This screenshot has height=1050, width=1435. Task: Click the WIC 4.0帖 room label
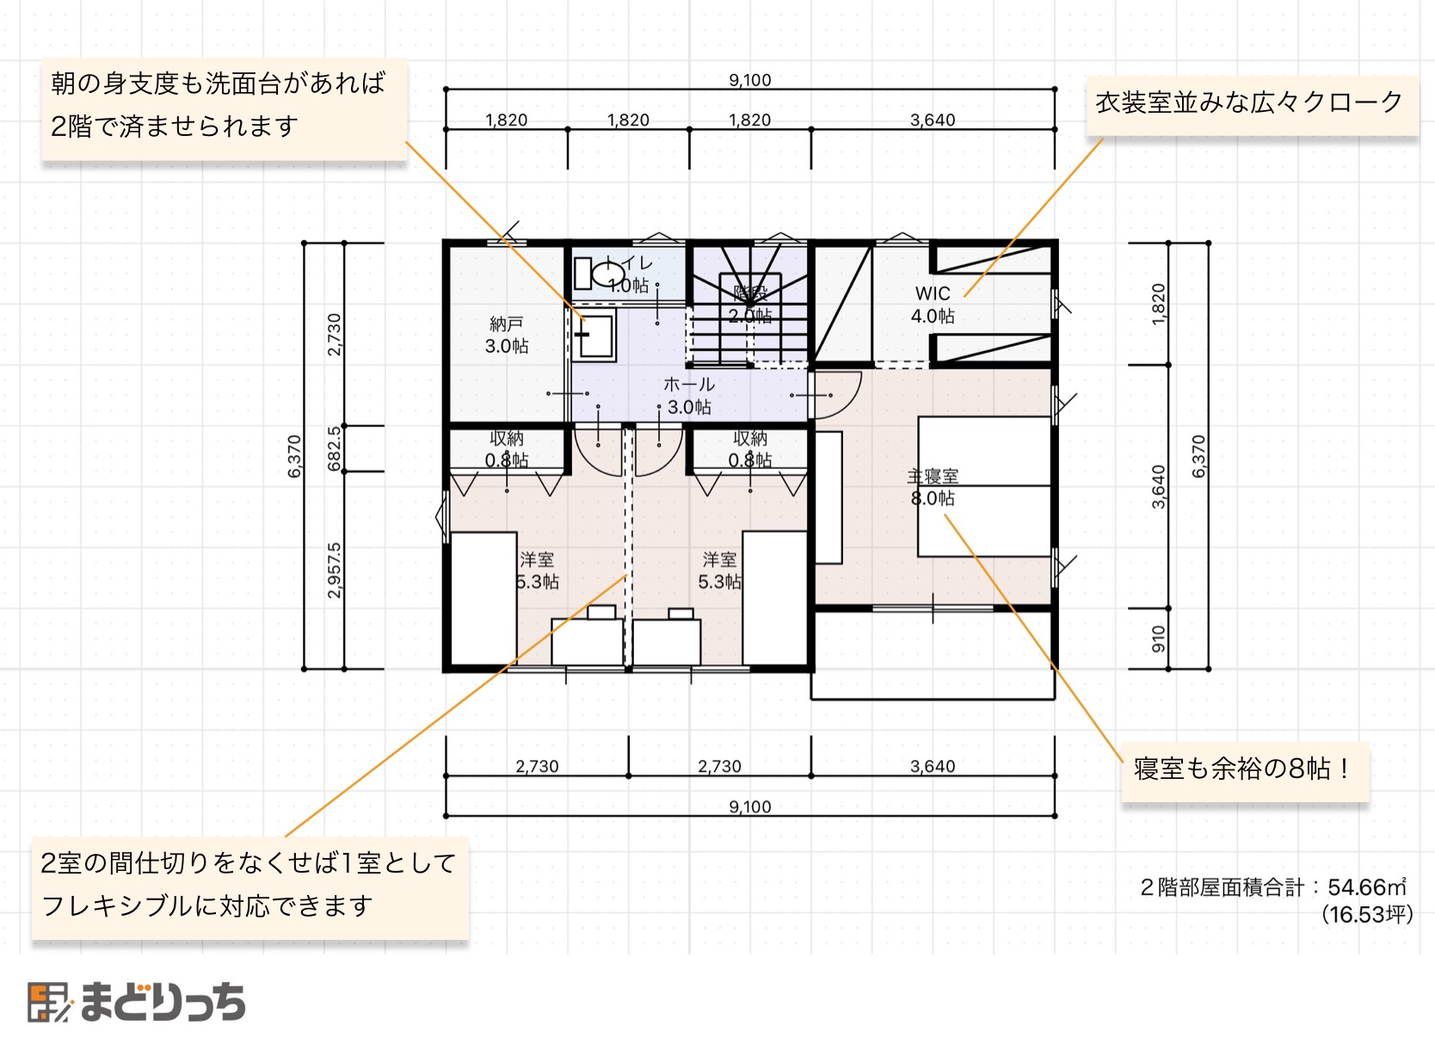point(933,305)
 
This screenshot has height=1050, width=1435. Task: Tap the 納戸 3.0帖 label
point(507,335)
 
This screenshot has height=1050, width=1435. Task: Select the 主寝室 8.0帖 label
point(933,487)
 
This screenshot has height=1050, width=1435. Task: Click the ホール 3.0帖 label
point(689,396)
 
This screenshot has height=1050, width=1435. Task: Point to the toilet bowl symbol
point(607,275)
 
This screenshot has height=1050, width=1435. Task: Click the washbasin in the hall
point(595,336)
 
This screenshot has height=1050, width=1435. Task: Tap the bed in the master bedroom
point(984,486)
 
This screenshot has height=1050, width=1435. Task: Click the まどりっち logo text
point(163,1003)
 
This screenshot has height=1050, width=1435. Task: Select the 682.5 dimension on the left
point(335,448)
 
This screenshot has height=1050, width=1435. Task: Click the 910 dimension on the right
point(1159,639)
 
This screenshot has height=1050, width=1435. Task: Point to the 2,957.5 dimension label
point(335,570)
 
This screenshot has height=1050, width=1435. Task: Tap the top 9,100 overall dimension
point(750,80)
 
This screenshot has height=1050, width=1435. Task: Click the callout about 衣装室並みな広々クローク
point(1250,102)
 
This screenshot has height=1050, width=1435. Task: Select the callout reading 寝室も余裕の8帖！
point(1243,768)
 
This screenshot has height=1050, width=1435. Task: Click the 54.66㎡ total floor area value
point(1366,887)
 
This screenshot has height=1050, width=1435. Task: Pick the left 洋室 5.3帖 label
point(537,571)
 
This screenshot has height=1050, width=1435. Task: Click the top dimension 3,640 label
point(933,120)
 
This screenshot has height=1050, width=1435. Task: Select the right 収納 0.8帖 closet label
point(750,449)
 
